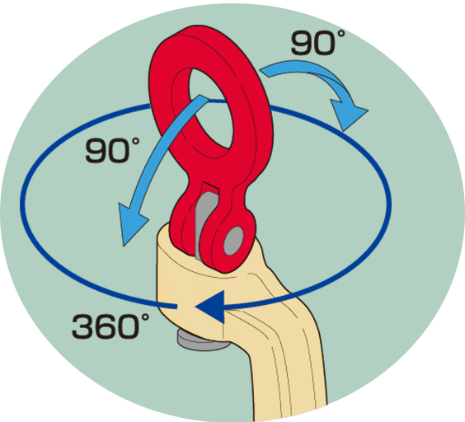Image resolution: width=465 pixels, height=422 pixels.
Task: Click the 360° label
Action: point(110,326)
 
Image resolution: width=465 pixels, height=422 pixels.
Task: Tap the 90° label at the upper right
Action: point(317,42)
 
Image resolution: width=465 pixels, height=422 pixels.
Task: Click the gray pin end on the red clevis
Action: point(233,241)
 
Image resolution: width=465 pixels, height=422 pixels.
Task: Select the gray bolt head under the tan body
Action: point(202,341)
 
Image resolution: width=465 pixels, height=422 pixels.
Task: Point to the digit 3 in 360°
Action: point(83,326)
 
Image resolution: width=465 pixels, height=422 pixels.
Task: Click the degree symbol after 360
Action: point(145,317)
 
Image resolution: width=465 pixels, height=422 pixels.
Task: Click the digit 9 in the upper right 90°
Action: point(303,43)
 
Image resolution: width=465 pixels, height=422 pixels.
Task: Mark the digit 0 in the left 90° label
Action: point(120,151)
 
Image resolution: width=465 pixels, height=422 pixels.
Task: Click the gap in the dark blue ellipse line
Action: point(186,307)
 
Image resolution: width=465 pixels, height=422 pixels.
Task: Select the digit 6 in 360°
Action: point(106,326)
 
